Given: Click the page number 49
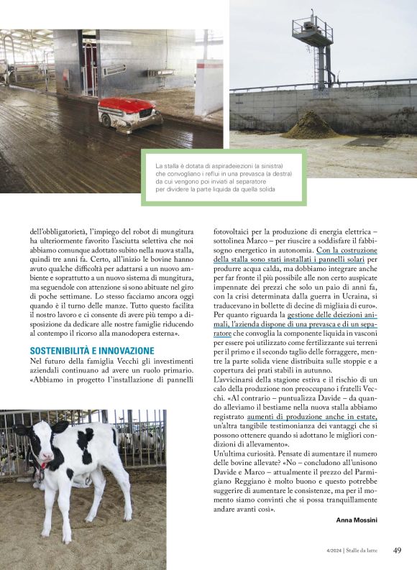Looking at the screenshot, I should click(x=397, y=551).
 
